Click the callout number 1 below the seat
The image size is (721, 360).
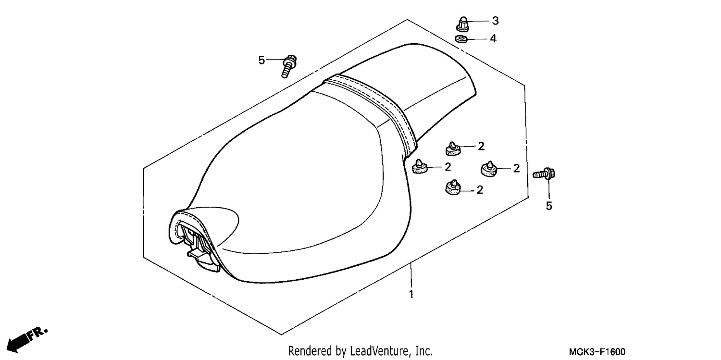point(411,294)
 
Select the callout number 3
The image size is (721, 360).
point(496,21)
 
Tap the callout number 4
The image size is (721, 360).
point(493,38)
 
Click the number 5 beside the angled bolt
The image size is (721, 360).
point(261,60)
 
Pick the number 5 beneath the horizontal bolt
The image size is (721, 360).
point(549,206)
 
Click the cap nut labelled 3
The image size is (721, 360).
point(463,24)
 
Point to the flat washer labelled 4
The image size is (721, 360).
point(461,39)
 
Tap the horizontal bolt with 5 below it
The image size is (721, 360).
point(544,174)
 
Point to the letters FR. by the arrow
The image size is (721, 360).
point(37,334)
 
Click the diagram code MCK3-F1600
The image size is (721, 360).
point(597,351)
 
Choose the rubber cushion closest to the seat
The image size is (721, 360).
point(420,167)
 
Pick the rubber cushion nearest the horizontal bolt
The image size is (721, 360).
point(489,169)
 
